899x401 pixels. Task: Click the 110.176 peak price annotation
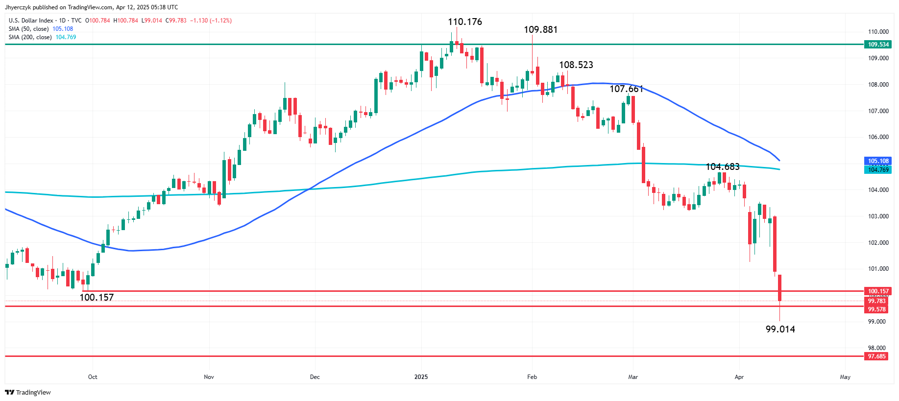464,22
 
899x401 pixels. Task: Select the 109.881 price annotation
540,30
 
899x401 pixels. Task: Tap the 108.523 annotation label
576,65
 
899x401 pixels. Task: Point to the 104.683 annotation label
722,167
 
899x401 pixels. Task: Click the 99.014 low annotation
780,330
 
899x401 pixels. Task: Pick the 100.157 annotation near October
97,298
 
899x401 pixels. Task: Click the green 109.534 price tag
878,45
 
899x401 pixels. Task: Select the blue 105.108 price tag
878,161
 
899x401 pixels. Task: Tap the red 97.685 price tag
876,356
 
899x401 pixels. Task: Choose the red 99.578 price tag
876,309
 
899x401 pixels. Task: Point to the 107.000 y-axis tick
878,111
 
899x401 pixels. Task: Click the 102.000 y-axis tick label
878,243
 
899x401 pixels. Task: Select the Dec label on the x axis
315,377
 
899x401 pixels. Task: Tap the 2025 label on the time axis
421,377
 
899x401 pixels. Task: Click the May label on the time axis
845,377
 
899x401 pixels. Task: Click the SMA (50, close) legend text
28,29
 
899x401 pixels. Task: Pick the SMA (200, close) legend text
30,37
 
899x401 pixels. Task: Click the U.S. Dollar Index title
31,21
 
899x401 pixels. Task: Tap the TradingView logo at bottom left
28,392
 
